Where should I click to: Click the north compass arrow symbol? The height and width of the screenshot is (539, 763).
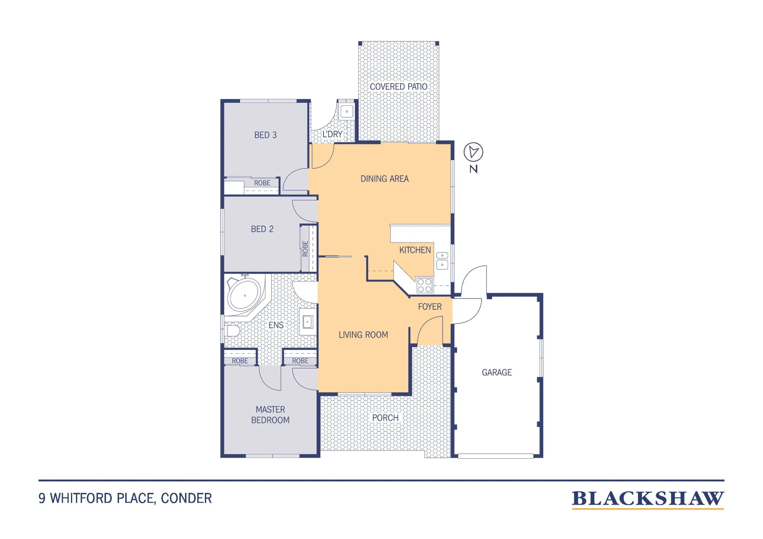pyautogui.click(x=473, y=152)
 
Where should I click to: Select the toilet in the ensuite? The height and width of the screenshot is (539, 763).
pyautogui.click(x=231, y=330)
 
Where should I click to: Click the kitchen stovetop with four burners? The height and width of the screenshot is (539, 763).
pyautogui.click(x=424, y=286)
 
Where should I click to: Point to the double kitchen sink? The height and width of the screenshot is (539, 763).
pyautogui.click(x=442, y=261)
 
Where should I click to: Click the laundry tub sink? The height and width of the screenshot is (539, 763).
pyautogui.click(x=347, y=112)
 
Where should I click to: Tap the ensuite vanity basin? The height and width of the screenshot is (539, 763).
pyautogui.click(x=307, y=322)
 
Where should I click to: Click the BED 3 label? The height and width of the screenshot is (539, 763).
pyautogui.click(x=266, y=135)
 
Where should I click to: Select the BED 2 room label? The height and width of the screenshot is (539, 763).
pyautogui.click(x=262, y=229)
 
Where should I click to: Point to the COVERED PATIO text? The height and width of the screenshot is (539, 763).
pyautogui.click(x=399, y=87)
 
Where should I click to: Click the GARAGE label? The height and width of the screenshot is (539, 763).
pyautogui.click(x=497, y=372)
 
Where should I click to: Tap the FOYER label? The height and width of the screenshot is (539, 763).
pyautogui.click(x=430, y=307)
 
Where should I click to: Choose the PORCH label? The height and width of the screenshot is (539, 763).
pyautogui.click(x=385, y=418)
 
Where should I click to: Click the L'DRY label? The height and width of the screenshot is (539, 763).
pyautogui.click(x=332, y=134)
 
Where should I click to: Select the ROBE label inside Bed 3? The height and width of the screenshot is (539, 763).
pyautogui.click(x=262, y=183)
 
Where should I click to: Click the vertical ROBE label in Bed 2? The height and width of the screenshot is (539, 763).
pyautogui.click(x=305, y=249)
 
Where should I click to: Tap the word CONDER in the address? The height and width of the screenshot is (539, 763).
pyautogui.click(x=186, y=498)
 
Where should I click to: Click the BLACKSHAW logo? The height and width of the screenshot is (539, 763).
pyautogui.click(x=648, y=499)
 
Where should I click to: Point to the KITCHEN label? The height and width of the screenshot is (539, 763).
pyautogui.click(x=415, y=250)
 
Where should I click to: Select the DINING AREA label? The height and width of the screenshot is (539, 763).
pyautogui.click(x=385, y=179)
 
